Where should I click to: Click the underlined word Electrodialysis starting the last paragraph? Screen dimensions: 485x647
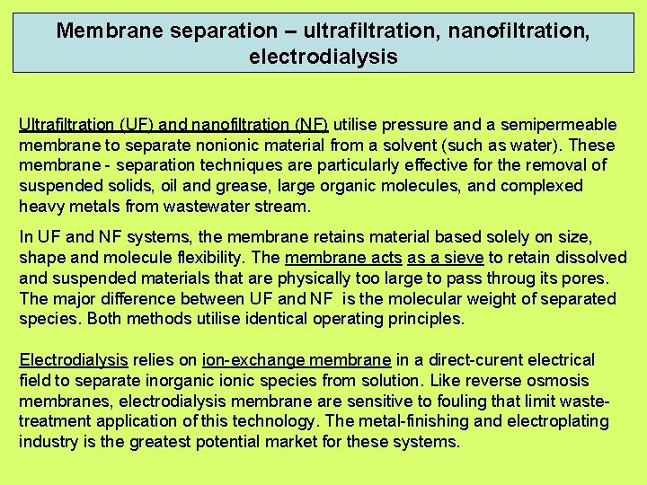(74, 360)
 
